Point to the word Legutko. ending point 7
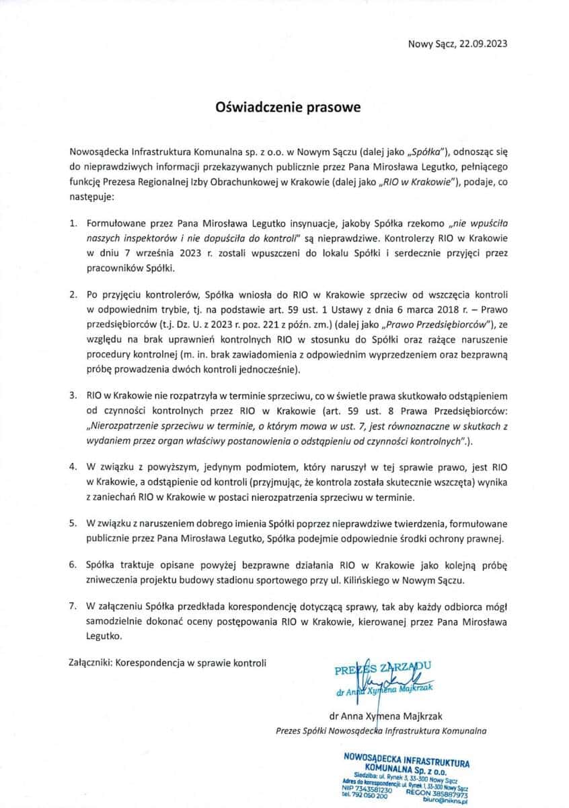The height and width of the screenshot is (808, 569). pos(104,635)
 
